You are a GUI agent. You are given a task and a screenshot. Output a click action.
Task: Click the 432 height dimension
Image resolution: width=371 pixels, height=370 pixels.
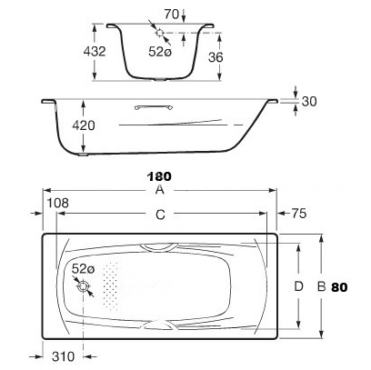point(95,52)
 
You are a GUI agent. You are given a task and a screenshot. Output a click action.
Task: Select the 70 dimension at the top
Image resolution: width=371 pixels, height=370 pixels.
point(172,15)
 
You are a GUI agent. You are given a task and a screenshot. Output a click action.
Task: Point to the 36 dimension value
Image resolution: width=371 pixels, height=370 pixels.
point(216,57)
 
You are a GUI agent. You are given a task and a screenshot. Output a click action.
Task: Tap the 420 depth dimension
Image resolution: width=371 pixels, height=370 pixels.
point(84,125)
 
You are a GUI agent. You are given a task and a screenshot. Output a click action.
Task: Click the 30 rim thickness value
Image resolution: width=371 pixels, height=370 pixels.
point(309,101)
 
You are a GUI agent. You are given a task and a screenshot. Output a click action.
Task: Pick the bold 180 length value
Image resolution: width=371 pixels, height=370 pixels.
point(159,176)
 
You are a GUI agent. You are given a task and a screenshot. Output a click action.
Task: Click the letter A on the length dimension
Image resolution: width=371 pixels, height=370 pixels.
point(159,190)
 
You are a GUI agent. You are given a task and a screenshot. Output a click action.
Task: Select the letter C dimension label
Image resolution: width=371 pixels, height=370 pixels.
point(160,215)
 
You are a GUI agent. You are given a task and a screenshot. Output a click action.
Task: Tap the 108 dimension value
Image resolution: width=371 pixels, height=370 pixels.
point(57,203)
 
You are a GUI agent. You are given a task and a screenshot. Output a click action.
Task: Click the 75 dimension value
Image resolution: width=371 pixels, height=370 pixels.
point(299,214)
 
